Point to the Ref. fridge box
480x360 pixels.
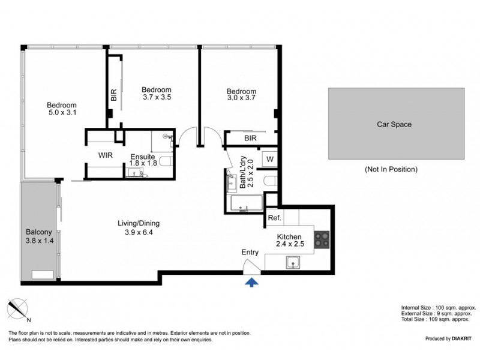(x=275, y=218)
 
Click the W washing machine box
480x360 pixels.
(x=270, y=159)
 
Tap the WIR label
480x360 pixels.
(x=106, y=155)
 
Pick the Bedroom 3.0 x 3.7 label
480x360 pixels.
(x=241, y=94)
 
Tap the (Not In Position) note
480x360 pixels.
(x=390, y=169)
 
